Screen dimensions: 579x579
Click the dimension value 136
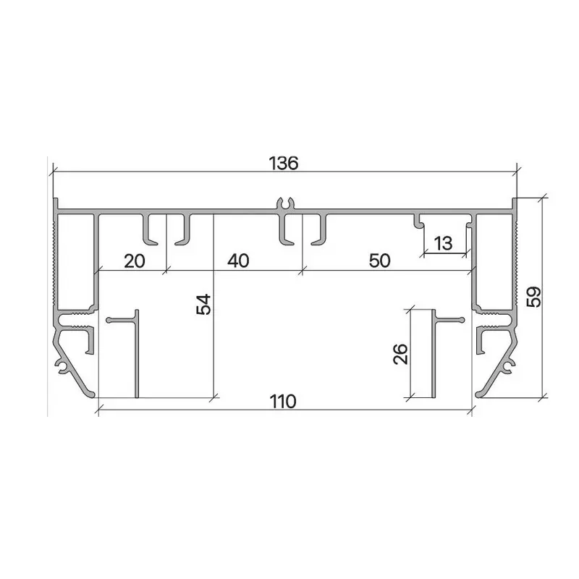coord(283,164)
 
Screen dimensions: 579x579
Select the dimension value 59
coord(534,297)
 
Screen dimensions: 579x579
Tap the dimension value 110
coord(283,402)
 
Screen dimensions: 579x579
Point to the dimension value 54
coord(203,304)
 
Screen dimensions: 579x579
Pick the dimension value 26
coord(400,354)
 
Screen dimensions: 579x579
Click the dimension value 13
coord(443,243)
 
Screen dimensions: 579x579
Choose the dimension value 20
coord(135,261)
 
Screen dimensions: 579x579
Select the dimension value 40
coord(238,261)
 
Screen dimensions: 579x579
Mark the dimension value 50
coord(379,261)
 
